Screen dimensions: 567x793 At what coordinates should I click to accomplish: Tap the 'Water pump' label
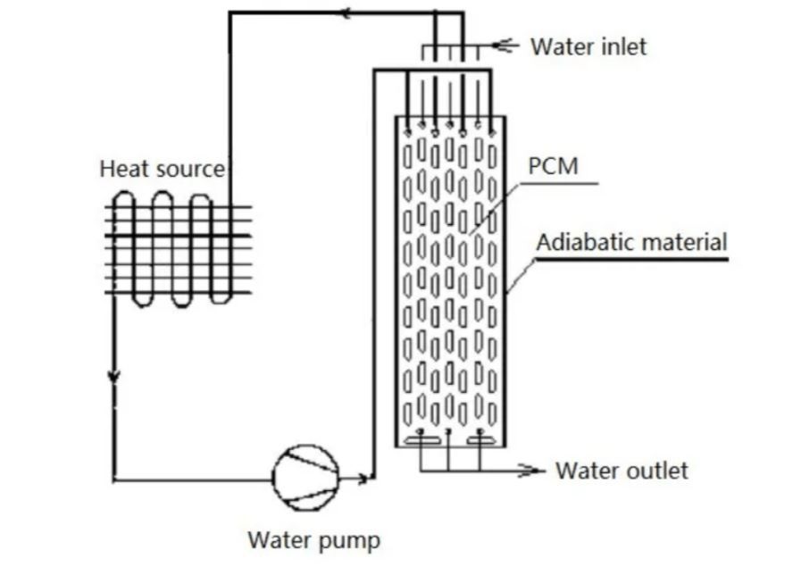tap(313, 540)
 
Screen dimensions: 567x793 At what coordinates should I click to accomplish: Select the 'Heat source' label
tap(162, 169)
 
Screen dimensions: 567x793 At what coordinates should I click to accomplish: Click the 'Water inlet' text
tap(588, 46)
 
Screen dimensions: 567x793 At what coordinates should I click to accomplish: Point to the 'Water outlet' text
tap(622, 470)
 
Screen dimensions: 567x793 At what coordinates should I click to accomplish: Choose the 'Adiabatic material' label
tap(632, 241)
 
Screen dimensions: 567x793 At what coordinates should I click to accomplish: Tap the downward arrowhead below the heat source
tap(113, 376)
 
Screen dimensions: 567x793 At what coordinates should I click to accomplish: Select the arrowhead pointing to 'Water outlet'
tap(533, 470)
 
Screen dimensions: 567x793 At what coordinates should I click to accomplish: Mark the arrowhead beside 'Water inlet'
tap(505, 44)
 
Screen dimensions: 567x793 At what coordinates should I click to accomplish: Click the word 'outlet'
tap(655, 470)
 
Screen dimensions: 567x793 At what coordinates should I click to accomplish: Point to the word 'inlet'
tap(622, 46)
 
